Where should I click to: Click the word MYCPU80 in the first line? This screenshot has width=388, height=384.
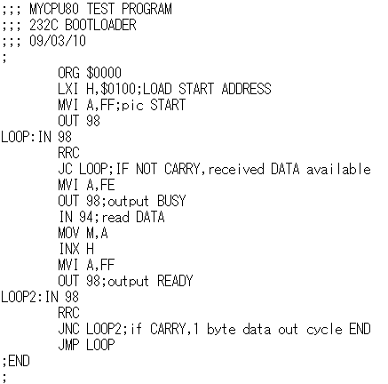(x=54, y=9)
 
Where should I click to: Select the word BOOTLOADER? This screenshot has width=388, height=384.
(x=100, y=25)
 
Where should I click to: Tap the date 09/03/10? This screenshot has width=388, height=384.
(x=58, y=41)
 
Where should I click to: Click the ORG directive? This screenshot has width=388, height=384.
(x=68, y=73)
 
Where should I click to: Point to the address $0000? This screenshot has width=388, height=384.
(x=104, y=73)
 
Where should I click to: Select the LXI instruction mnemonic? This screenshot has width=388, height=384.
(x=68, y=89)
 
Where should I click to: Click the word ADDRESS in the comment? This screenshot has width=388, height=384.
(x=246, y=89)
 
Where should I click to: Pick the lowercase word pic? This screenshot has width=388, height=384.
(x=132, y=106)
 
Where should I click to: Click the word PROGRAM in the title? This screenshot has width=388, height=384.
(x=146, y=9)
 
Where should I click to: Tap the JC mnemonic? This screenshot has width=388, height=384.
(x=65, y=169)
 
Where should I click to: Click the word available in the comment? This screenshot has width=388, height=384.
(x=338, y=169)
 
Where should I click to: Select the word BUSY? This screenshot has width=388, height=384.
(x=171, y=201)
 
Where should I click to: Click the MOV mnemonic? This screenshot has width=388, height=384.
(x=68, y=233)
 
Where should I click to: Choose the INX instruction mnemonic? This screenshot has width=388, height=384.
(x=69, y=249)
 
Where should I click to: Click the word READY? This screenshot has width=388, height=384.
(x=175, y=281)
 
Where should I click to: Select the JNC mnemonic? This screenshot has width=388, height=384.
(x=68, y=329)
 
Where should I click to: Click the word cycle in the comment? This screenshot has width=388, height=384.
(x=324, y=330)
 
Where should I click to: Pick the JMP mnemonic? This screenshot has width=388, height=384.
(x=68, y=345)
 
